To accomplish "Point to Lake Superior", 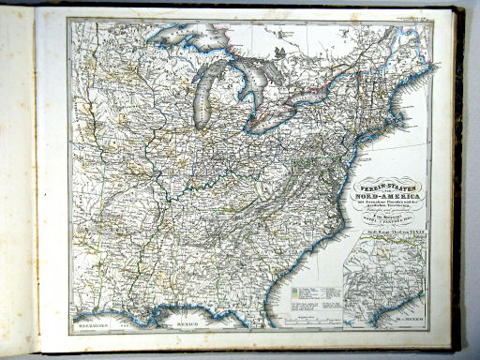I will (x=187, y=38).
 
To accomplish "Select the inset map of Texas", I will (x=382, y=281).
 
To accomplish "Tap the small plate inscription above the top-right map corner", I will (x=412, y=16).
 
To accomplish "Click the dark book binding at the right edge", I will (x=458, y=178).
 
